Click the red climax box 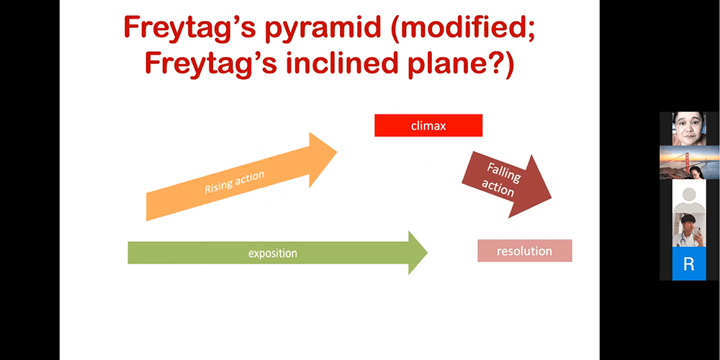point(428,125)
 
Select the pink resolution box point(525,251)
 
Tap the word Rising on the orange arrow point(220,186)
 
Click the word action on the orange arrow point(251,176)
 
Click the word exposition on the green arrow point(273,253)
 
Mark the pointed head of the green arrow point(428,251)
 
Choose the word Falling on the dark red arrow point(504,172)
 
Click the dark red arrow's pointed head point(552,198)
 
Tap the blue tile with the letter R point(689,264)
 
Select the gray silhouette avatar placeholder point(689,196)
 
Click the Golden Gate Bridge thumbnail point(689,163)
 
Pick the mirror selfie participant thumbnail point(689,230)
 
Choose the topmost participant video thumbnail point(689,129)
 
